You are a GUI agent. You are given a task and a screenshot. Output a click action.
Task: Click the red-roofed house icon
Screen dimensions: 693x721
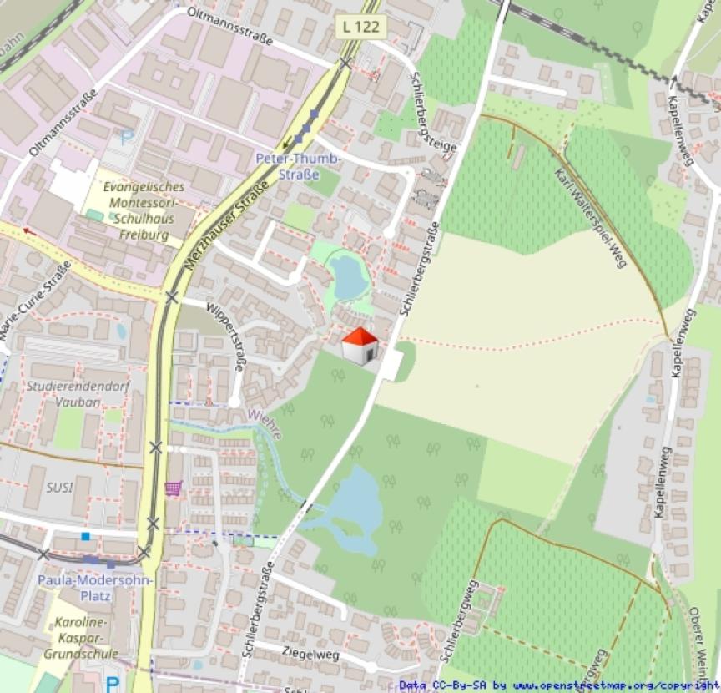(360, 345)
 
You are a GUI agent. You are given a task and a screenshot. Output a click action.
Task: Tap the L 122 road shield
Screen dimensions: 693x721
(360, 27)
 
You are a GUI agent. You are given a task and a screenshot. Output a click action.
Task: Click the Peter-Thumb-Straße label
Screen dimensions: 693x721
(298, 166)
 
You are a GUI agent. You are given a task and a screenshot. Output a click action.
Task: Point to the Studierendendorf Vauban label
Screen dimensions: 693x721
(63, 393)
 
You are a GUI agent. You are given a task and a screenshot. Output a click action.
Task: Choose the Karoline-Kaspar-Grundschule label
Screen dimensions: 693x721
(85, 638)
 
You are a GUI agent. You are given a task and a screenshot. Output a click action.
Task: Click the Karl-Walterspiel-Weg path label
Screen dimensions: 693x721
(590, 212)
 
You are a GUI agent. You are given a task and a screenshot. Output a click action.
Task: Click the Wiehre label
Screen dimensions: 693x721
(266, 424)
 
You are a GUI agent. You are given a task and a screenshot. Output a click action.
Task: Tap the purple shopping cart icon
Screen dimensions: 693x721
(174, 488)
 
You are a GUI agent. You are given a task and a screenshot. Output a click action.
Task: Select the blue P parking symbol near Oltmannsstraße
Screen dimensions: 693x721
(126, 138)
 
